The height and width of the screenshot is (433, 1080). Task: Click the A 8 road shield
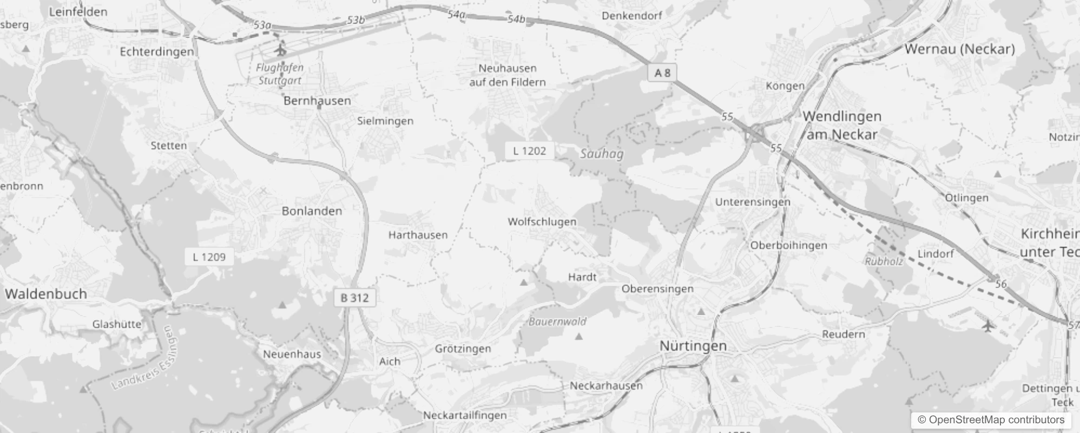(x=662, y=73)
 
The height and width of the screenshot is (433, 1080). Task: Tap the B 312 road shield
(x=354, y=298)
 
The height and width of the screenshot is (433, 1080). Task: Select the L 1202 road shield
(x=529, y=151)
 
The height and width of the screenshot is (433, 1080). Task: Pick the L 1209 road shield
(x=209, y=257)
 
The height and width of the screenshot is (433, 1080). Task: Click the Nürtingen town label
(x=693, y=346)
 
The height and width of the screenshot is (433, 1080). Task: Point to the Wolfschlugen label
(x=542, y=221)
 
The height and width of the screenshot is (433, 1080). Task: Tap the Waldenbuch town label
(x=46, y=294)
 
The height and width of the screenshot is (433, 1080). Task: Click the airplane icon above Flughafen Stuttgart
(x=280, y=51)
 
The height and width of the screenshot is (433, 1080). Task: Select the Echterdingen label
(x=156, y=52)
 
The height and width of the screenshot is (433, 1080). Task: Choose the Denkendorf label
(x=631, y=16)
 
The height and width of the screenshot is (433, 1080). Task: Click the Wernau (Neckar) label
(x=959, y=49)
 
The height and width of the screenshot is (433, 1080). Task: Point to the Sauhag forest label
(x=601, y=154)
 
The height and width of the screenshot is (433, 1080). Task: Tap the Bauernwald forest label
(x=557, y=322)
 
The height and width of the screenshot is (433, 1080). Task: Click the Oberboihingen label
(x=788, y=245)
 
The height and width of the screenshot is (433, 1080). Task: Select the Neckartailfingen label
(x=465, y=415)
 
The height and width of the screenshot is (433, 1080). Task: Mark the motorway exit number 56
(x=1000, y=284)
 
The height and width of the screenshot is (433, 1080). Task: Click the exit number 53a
(x=262, y=25)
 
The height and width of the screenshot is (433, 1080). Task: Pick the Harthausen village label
(x=418, y=235)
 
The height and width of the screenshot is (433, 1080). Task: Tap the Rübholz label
(x=884, y=261)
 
